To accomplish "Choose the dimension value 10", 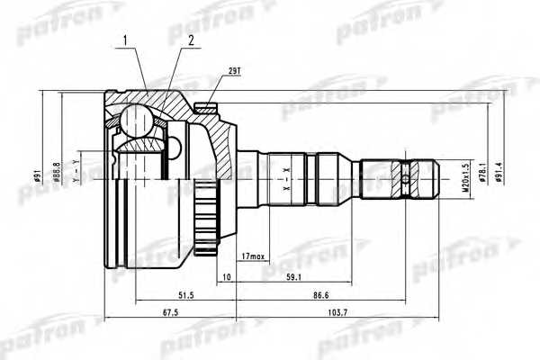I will [226, 278].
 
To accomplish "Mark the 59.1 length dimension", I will [293, 278].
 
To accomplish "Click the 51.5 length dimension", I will [185, 296].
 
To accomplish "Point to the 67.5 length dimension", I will [170, 314].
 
